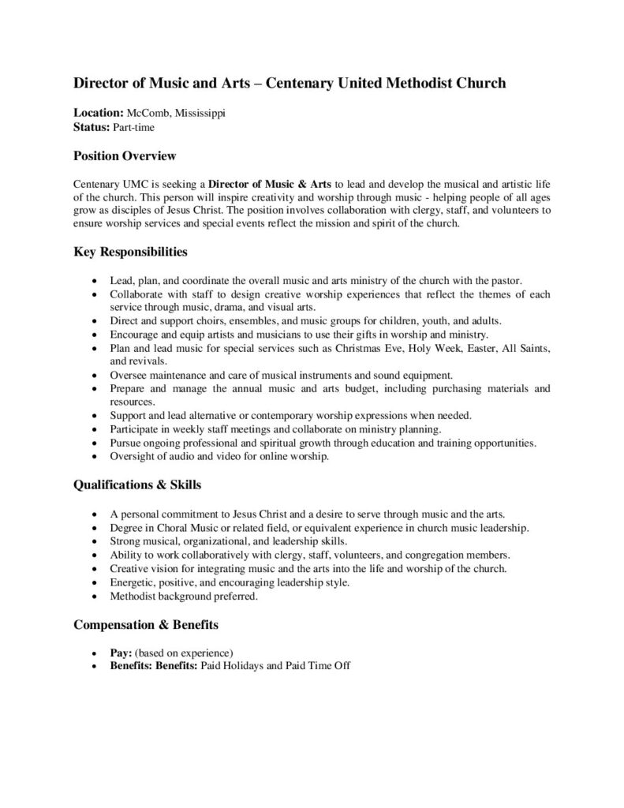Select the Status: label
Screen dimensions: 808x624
click(x=92, y=126)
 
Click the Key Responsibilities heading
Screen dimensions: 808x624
click(x=130, y=253)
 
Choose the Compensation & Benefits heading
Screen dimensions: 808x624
click(x=146, y=624)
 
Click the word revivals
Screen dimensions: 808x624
click(x=130, y=361)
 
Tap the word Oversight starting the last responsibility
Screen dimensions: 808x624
click(x=133, y=457)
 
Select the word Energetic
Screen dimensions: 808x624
click(x=133, y=582)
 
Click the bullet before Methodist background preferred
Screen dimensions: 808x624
click(x=95, y=597)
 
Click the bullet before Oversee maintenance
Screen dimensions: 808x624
click(x=95, y=375)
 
